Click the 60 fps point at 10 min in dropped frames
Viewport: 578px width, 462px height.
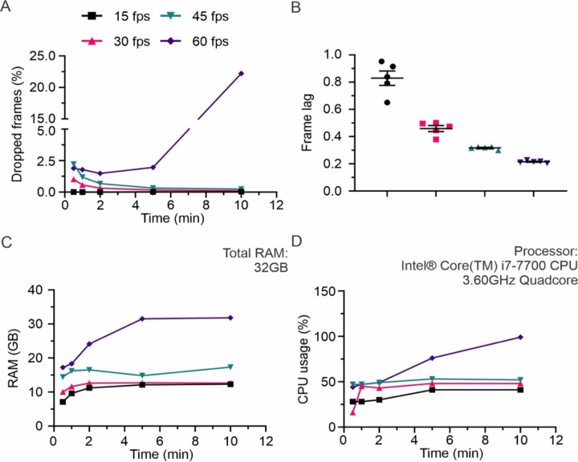241,73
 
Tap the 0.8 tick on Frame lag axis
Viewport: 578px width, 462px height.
347,82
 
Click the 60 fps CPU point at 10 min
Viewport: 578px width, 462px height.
520,337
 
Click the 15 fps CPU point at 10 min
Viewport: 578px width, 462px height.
520,389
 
